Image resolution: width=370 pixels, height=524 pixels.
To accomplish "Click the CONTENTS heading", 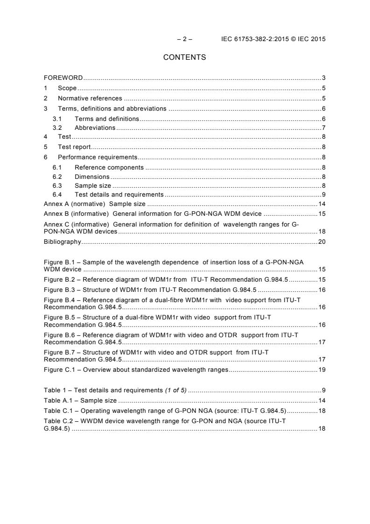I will (x=184, y=57).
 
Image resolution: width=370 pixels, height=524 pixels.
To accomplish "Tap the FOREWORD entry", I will (x=63, y=78).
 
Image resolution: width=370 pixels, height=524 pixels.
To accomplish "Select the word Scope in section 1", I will (x=67, y=88).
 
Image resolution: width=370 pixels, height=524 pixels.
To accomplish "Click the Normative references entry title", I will (x=90, y=99).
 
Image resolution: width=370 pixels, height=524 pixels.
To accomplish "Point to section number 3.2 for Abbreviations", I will (x=57, y=128).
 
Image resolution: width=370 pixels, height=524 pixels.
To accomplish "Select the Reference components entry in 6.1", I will (x=109, y=167).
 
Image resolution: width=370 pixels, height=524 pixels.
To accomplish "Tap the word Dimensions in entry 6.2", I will (x=92, y=177).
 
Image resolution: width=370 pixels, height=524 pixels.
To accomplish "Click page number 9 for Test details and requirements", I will (x=323, y=195).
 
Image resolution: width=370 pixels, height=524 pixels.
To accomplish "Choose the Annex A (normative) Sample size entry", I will (x=94, y=204).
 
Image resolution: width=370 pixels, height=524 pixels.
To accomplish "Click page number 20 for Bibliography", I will (x=321, y=242).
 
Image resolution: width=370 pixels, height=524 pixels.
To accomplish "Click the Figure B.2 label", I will (x=58, y=279).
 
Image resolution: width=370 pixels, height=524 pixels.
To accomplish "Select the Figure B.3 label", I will (x=58, y=290).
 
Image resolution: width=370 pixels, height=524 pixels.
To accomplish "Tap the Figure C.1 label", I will (x=58, y=370).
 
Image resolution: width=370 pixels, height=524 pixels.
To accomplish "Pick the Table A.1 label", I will (x=56, y=401).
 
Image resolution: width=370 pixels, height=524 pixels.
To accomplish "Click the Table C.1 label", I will (x=56, y=411).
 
